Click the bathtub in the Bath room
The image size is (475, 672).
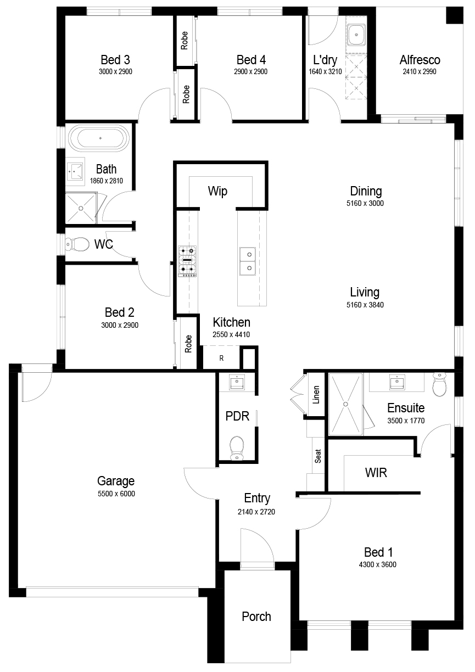pos(99,138)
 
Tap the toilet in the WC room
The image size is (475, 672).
pos(77,244)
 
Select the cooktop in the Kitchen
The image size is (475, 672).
pos(187,261)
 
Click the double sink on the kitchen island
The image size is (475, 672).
pos(248,261)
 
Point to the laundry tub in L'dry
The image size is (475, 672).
pos(356,35)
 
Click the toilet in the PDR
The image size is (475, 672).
pos(237,448)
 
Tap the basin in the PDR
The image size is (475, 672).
pos(237,382)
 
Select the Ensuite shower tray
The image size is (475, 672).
pos(345,404)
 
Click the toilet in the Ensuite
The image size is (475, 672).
pos(440,384)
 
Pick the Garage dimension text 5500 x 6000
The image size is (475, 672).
pos(116,494)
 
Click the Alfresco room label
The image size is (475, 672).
pos(420,60)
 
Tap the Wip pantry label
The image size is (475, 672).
pos(217,191)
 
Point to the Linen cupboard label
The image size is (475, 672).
pos(316,395)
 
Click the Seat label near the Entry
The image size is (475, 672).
pos(318,456)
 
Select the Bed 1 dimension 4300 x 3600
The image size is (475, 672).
pos(377,564)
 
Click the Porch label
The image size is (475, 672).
pos(256,617)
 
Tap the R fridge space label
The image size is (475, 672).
pos(221,358)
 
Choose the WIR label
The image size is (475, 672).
pos(376,473)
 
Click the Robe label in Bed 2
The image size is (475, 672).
pos(188,344)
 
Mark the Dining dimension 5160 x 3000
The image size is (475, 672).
pos(365,203)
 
